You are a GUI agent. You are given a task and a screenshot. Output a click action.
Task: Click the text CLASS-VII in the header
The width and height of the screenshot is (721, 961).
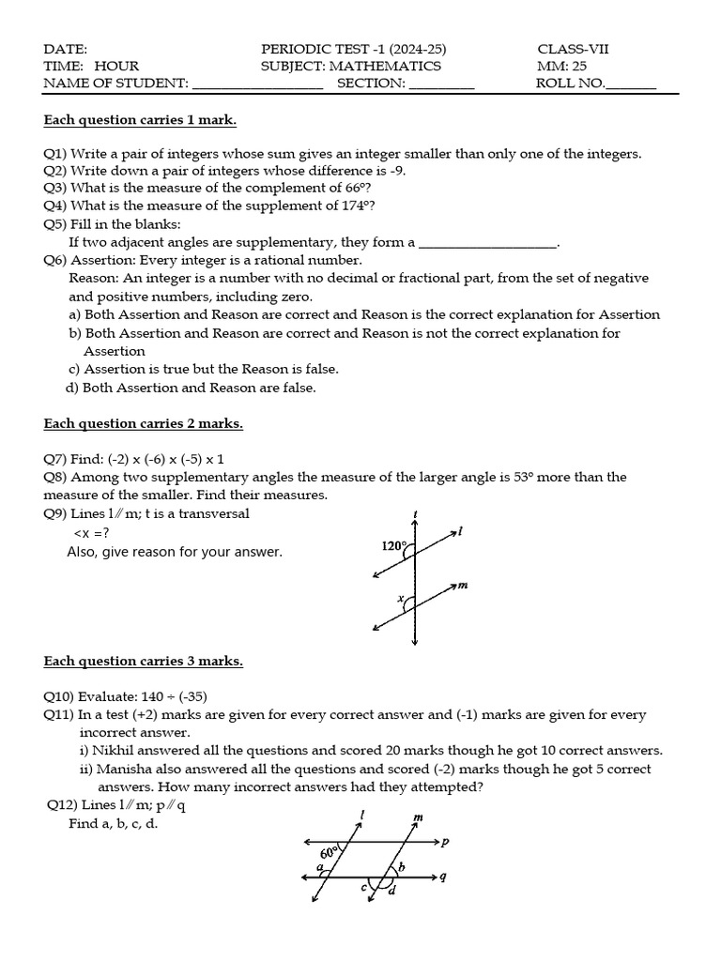click(573, 49)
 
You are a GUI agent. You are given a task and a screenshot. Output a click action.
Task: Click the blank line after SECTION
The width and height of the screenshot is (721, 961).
click(442, 84)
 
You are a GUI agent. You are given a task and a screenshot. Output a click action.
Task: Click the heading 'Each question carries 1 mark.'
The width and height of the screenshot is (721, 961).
click(140, 120)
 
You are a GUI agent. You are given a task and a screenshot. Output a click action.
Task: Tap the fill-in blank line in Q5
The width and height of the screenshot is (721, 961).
click(487, 243)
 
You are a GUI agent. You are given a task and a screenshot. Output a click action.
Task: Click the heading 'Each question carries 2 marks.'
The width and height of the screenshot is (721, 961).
click(143, 423)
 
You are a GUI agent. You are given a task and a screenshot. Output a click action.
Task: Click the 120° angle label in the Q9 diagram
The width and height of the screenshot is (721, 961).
click(394, 545)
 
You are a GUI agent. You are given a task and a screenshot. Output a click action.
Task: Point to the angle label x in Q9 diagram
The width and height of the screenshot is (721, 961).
click(399, 598)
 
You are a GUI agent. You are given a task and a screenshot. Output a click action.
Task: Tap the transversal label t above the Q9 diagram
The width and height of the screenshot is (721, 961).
click(415, 513)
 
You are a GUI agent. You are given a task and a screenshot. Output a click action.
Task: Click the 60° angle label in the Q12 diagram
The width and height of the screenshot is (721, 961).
click(329, 853)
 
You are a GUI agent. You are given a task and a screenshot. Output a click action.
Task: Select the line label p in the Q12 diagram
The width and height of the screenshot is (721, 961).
click(445, 842)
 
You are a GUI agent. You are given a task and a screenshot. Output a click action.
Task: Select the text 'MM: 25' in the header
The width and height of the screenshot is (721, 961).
click(562, 66)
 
